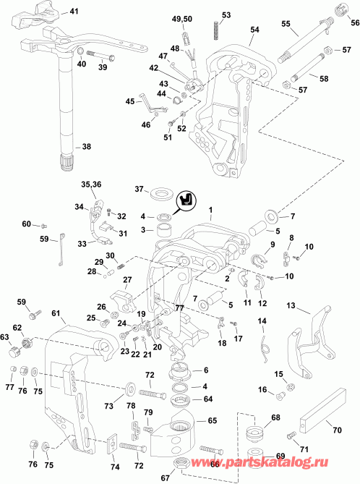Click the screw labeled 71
coord(291,436)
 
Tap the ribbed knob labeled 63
coord(15,352)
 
